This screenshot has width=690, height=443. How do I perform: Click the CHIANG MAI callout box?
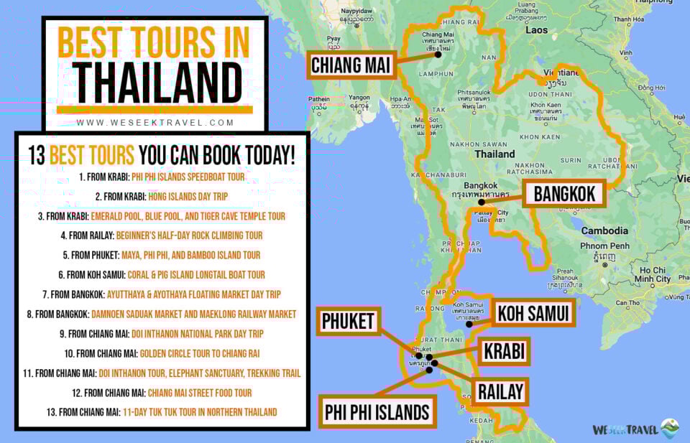tap(351, 66)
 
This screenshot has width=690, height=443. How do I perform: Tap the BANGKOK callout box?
tap(564, 194)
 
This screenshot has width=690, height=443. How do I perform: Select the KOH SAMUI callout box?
tap(534, 313)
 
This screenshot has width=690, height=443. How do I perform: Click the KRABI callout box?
tap(504, 351)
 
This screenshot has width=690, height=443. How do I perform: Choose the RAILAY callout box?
tap(499, 392)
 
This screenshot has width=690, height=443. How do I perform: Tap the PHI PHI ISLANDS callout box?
tap(377, 412)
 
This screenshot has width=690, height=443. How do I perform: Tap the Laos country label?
tap(536, 30)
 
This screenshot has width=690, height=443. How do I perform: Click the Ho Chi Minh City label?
tap(653, 274)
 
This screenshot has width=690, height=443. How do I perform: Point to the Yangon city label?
tap(359, 98)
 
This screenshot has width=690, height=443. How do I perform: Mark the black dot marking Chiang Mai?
tap(438, 55)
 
